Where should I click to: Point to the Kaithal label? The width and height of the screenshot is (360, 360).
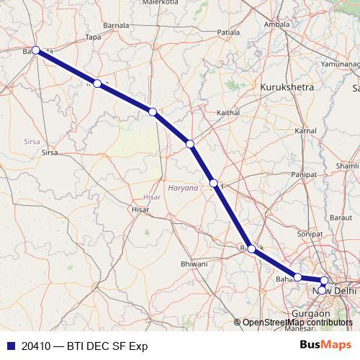228,113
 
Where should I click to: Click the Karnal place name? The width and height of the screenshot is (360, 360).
305,130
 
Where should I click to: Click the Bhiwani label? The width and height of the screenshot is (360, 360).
194,264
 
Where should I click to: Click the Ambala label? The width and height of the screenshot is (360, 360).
277,24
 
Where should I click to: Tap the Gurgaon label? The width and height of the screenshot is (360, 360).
311,314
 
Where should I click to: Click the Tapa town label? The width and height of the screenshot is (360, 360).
93,37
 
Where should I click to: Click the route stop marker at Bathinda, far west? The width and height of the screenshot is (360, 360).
35,50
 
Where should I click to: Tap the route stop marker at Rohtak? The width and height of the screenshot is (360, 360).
251,248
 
